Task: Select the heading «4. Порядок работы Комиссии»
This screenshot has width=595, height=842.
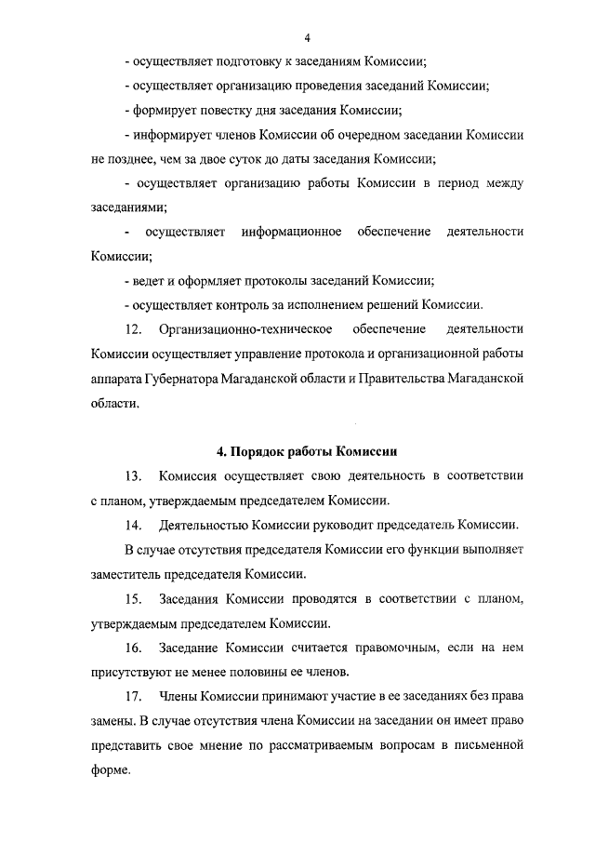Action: [x=307, y=452]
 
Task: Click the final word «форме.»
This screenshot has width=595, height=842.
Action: [x=112, y=770]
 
